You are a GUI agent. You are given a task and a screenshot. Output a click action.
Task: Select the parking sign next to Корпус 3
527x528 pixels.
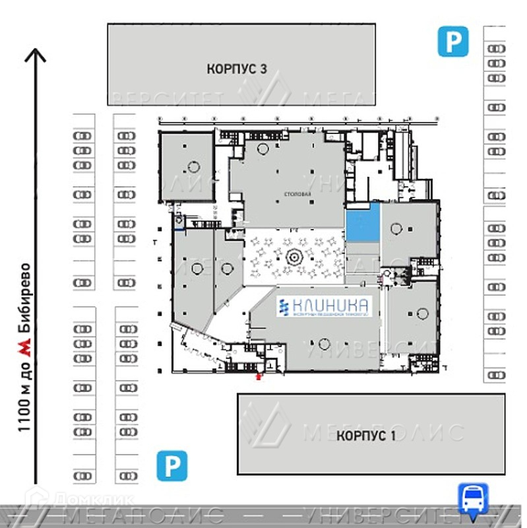pos(454,42)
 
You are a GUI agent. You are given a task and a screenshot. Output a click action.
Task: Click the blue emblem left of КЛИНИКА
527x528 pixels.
pos(284,308)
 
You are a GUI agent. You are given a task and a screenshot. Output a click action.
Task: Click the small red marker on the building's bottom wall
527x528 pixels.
pos(259,377)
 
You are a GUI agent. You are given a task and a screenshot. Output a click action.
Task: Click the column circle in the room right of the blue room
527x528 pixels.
pos(396,229)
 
